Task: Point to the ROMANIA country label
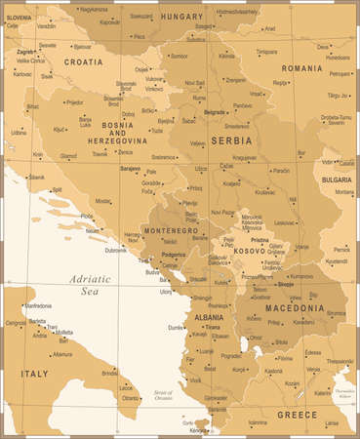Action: tap(302, 68)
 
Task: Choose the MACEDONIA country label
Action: tap(292, 308)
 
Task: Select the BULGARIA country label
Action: tap(337, 180)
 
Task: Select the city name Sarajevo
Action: tap(130, 168)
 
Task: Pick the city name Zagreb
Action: tap(26, 50)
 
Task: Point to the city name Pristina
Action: tap(259, 239)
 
